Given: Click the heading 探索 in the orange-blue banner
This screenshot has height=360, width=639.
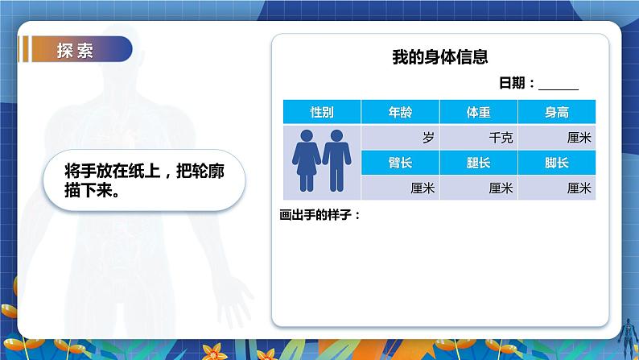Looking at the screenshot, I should tap(75, 50).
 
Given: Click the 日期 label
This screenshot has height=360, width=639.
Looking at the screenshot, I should tap(515, 83).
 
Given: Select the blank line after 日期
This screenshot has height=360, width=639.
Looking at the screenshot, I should tap(559, 85).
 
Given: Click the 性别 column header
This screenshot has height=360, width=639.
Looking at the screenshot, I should tap(322, 113).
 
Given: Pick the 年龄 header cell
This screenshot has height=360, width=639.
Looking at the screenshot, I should tap(400, 113).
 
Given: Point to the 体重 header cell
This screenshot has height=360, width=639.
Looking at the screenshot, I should tap(478, 113).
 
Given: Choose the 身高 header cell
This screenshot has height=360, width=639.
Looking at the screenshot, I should tap(556, 113).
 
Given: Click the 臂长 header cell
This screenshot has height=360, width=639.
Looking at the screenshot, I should tap(400, 163).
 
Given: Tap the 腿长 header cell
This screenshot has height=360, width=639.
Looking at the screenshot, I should tap(478, 163).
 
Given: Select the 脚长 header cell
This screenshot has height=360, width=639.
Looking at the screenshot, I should tap(556, 163).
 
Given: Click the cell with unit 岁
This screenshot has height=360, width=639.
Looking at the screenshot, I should tap(400, 138).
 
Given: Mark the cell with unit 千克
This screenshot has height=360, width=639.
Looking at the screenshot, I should tap(478, 138).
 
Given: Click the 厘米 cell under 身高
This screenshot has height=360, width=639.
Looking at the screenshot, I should tap(556, 138).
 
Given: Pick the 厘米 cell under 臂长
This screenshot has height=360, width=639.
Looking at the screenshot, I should tap(400, 188).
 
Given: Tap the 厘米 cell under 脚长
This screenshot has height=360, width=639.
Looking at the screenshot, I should tap(556, 188).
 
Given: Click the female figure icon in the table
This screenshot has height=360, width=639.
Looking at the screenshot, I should tap(307, 161).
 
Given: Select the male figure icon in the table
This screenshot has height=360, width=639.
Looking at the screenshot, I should tap(336, 161).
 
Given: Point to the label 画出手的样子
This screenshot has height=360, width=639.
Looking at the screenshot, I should tap(319, 214).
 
